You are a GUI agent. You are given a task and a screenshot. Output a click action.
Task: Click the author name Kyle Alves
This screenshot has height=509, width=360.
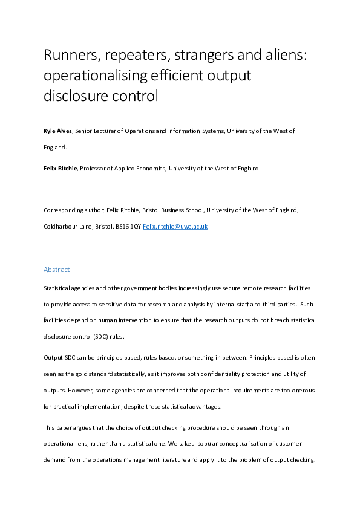click(57, 131)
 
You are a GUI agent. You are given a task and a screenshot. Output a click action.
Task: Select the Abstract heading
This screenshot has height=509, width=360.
click(58, 269)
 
